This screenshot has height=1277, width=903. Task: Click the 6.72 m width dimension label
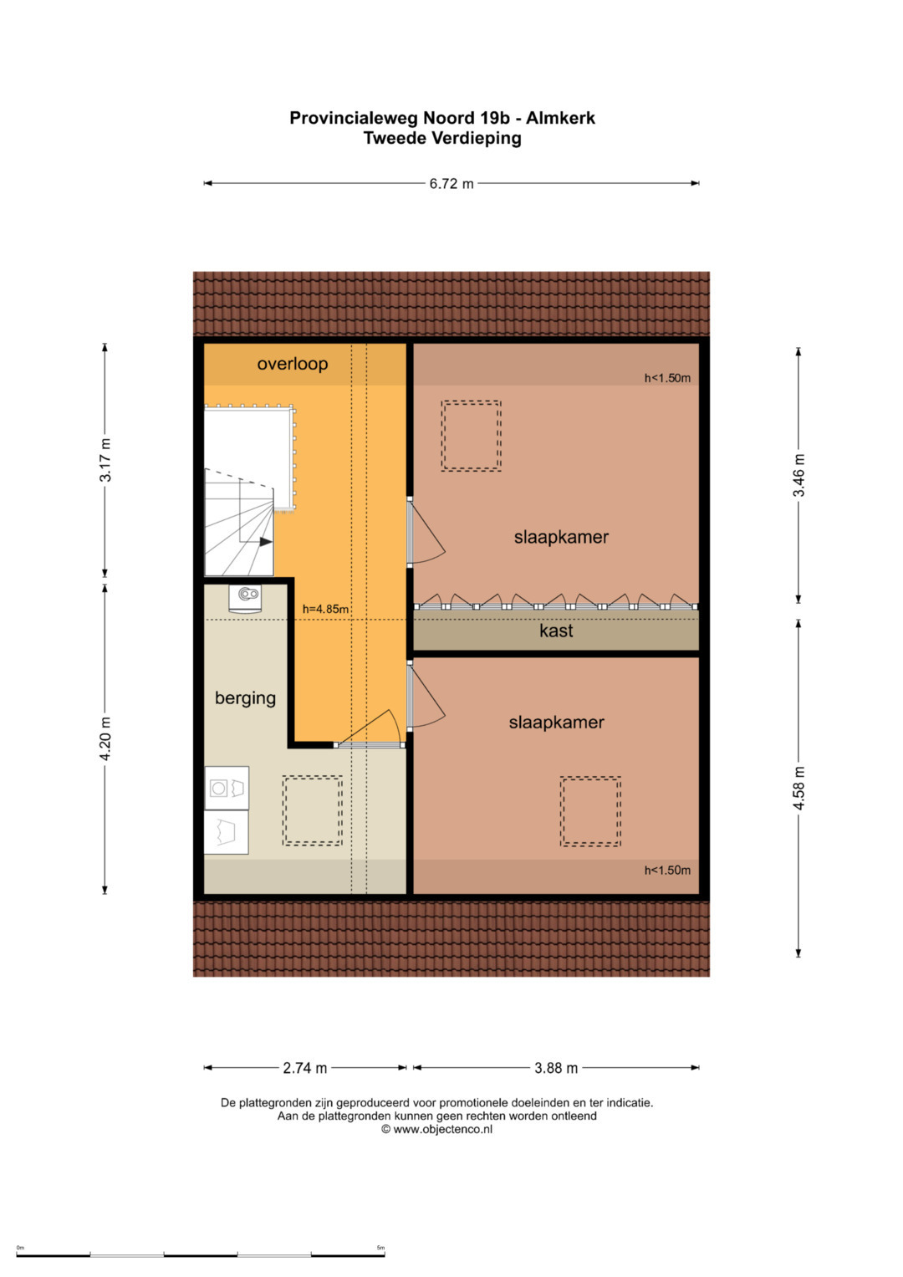[451, 184]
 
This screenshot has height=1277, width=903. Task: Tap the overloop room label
[293, 365]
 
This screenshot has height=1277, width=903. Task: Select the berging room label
[245, 697]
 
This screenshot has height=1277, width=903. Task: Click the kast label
[556, 631]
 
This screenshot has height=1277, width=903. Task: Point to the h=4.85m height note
[325, 609]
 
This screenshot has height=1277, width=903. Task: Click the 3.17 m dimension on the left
[105, 460]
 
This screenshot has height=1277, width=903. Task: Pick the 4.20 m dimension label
[105, 738]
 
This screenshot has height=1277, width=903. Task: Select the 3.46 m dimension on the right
[799, 475]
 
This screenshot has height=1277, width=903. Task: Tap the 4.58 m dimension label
[799, 789]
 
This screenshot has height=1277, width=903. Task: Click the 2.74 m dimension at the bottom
[305, 1068]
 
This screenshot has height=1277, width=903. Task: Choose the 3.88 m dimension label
[556, 1068]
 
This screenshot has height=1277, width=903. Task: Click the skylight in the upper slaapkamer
[471, 436]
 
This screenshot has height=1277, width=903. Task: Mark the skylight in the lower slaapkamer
[590, 812]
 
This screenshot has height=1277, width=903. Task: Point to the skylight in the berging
[313, 810]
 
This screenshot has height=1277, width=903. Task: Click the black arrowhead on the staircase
[266, 542]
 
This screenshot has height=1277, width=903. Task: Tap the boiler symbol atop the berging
[245, 598]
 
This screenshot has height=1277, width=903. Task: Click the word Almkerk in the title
[560, 118]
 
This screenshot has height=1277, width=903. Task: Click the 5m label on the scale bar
[380, 1248]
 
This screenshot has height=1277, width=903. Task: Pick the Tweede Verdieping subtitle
[442, 139]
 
